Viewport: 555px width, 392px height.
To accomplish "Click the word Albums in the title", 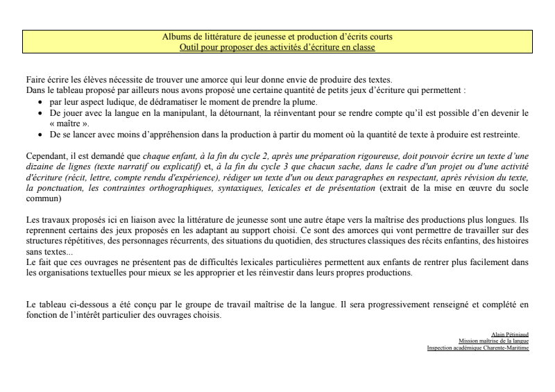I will (x=176, y=37).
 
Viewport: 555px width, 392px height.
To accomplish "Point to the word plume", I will (x=302, y=102).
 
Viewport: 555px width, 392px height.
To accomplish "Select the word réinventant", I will (x=289, y=112).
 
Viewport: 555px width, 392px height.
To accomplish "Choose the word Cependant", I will (x=46, y=157).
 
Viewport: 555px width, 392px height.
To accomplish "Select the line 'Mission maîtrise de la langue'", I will (x=493, y=341).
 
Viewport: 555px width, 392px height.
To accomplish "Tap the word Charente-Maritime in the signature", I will (x=507, y=348).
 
